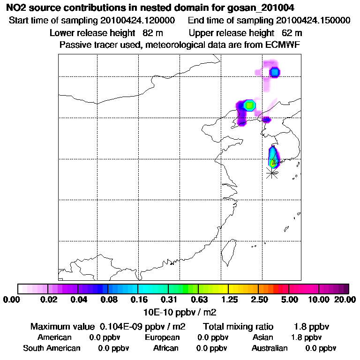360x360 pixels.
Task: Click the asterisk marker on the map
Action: (271, 173)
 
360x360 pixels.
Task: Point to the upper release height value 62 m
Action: (292, 33)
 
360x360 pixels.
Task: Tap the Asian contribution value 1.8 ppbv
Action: (306, 337)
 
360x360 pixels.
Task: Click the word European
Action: (162, 337)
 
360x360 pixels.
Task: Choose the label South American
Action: (52, 348)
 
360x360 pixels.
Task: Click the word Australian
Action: (270, 348)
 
